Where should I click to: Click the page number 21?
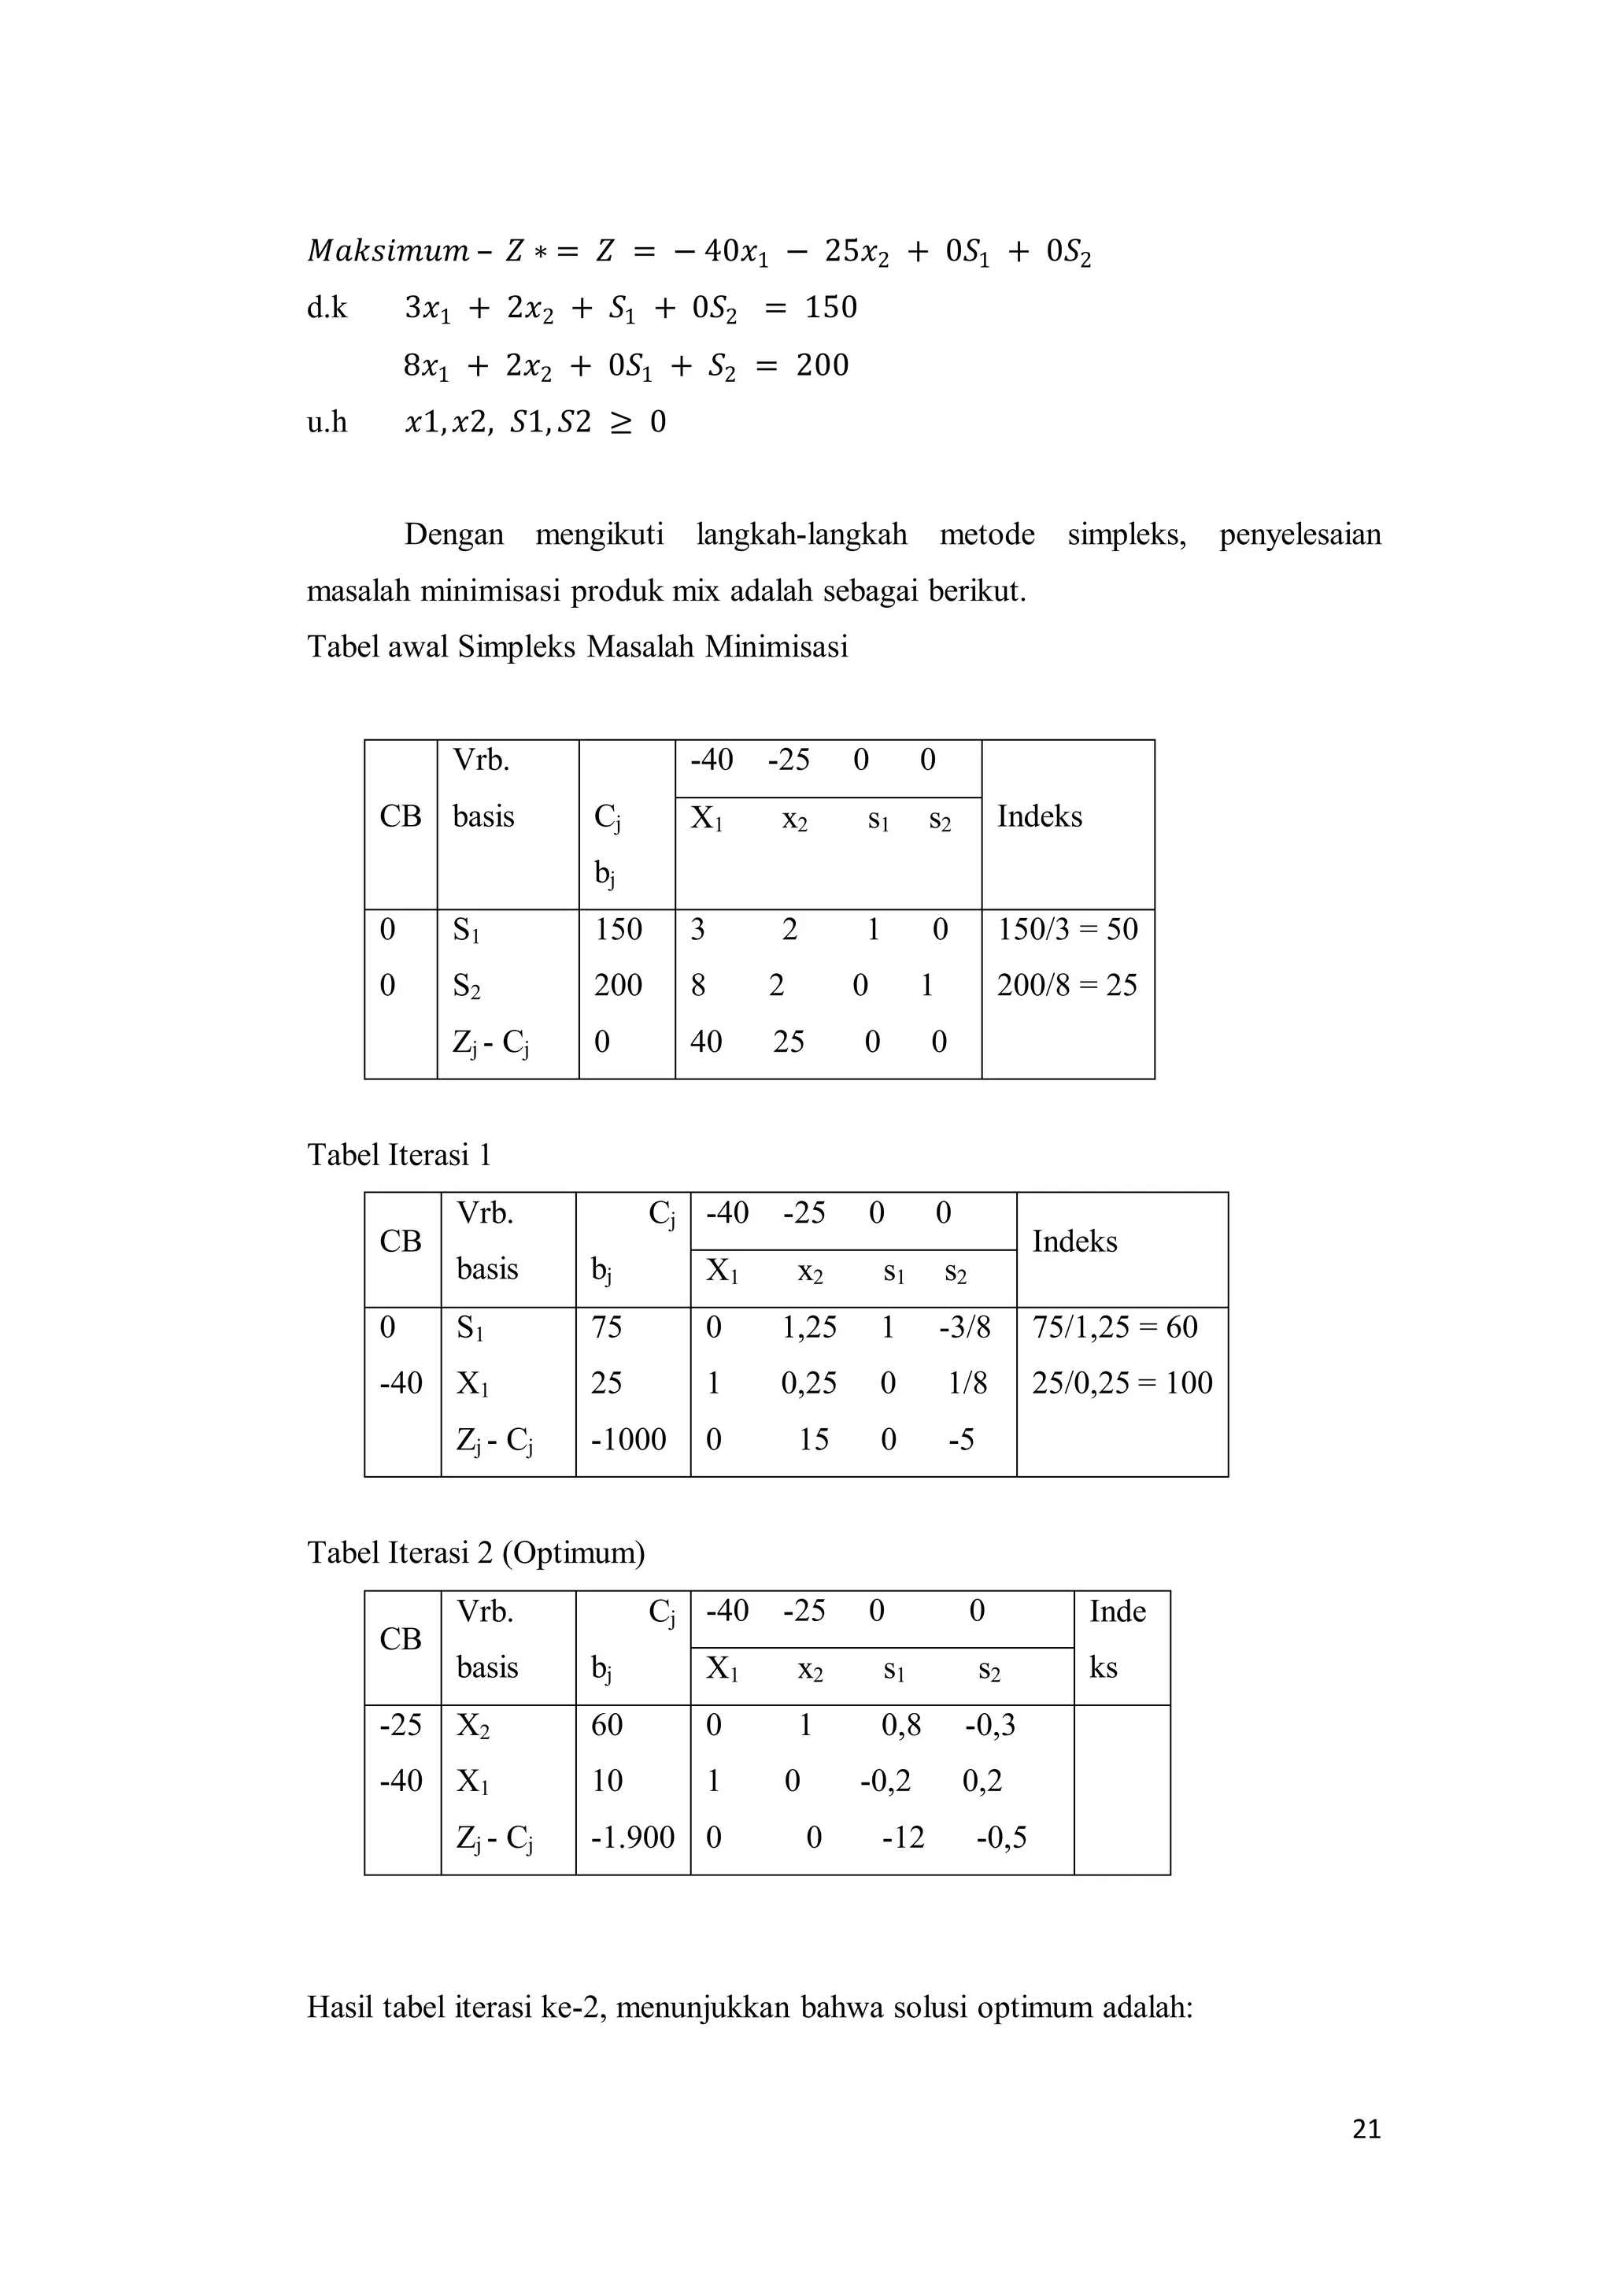[1366, 2129]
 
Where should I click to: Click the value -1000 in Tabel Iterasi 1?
[628, 1439]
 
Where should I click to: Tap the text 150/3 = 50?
[1067, 930]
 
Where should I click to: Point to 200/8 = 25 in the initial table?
[1066, 985]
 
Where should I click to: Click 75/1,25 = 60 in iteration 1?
[1115, 1327]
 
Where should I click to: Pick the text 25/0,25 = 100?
[1122, 1382]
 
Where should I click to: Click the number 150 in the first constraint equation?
[831, 308]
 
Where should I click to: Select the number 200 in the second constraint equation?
[822, 365]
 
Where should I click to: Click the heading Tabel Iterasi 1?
[399, 1155]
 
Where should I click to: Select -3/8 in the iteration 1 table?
[964, 1327]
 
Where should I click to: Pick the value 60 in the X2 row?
[607, 1725]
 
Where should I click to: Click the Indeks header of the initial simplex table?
[1039, 816]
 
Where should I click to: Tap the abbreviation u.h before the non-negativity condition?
[327, 423]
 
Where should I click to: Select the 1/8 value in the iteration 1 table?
[967, 1382]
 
